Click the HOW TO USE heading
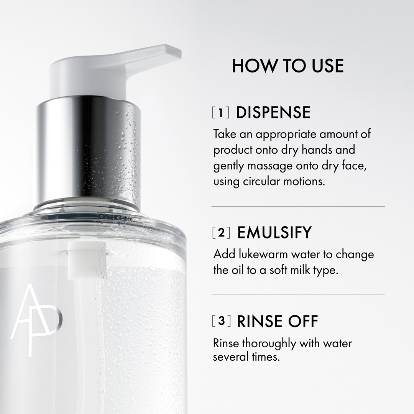[287, 66]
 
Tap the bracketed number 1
[221, 113]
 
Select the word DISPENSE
[273, 113]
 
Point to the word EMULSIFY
[274, 233]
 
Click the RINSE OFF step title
[278, 321]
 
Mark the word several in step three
[230, 357]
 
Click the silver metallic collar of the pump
[89, 153]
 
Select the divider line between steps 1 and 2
[298, 206]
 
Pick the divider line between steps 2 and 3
[298, 294]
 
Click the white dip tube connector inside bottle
[87, 261]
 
